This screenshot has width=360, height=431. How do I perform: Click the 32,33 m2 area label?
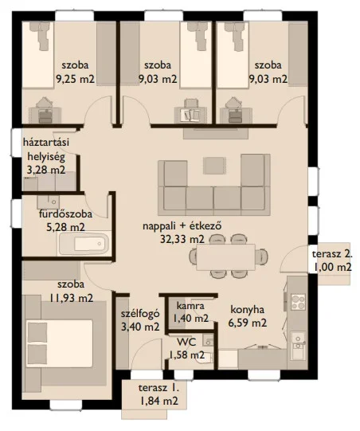coord(204,238)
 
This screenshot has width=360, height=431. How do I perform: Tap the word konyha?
coord(248,311)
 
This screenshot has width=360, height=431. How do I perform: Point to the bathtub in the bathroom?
coord(80,242)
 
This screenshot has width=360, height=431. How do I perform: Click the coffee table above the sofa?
coord(214,163)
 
